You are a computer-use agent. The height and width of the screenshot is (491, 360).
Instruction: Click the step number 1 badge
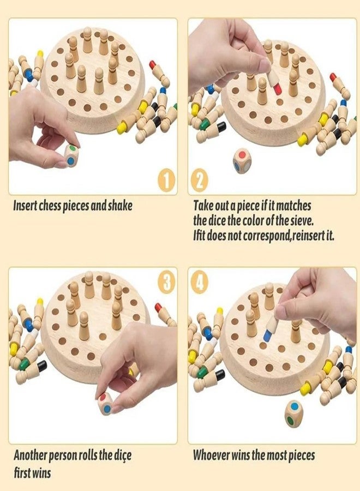coord(167,181)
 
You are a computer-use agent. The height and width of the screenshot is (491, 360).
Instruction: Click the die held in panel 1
coord(71,155)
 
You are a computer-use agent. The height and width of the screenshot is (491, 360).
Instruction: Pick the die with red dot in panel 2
coord(242,160)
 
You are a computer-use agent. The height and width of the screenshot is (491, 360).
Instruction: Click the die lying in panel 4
coord(293,412)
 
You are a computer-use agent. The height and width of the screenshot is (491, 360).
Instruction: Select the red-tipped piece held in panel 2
coord(274,81)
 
